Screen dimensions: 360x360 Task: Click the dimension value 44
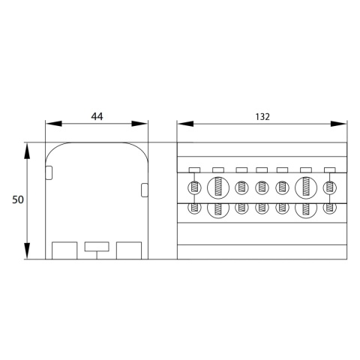(97, 116)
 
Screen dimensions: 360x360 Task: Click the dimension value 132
(262, 117)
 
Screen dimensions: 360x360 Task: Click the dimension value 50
(18, 199)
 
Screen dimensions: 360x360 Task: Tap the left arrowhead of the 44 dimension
(54, 124)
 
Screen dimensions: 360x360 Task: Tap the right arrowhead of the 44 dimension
(139, 124)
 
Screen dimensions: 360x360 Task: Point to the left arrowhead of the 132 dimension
(185, 124)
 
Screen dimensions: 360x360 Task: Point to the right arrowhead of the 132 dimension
(338, 124)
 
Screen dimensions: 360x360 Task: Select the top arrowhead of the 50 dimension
(27, 151)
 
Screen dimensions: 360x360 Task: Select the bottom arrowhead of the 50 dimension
(27, 250)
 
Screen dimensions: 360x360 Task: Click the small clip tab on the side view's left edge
(49, 172)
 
